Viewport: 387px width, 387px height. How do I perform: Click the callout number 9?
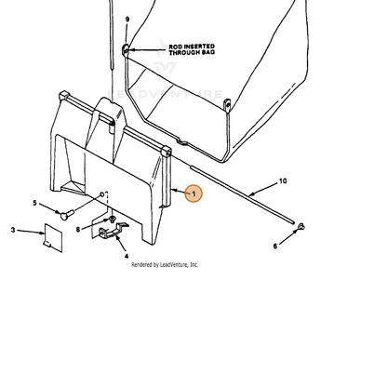click(x=127, y=20)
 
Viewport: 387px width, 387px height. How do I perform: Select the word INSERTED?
click(x=199, y=47)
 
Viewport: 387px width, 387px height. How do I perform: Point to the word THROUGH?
click(x=184, y=52)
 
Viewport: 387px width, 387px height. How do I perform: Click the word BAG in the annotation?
click(x=208, y=52)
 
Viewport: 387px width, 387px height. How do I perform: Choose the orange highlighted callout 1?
click(x=193, y=193)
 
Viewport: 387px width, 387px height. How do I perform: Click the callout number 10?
click(x=283, y=181)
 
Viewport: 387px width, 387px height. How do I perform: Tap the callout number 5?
click(x=34, y=203)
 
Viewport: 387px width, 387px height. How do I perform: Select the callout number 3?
click(x=13, y=230)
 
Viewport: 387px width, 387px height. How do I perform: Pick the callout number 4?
click(x=127, y=256)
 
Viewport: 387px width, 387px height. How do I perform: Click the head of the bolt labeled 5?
click(x=63, y=215)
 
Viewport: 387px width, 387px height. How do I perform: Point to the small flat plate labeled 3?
click(x=53, y=237)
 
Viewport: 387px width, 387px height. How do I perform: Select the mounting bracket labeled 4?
click(x=113, y=231)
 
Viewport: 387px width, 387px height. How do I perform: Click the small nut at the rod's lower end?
click(x=300, y=227)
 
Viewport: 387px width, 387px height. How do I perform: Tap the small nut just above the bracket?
click(x=112, y=220)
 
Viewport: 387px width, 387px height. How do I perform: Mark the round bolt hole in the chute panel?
click(x=101, y=194)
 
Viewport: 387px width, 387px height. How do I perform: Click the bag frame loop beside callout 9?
click(x=126, y=49)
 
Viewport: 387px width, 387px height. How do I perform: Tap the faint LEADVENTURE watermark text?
click(x=165, y=94)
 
